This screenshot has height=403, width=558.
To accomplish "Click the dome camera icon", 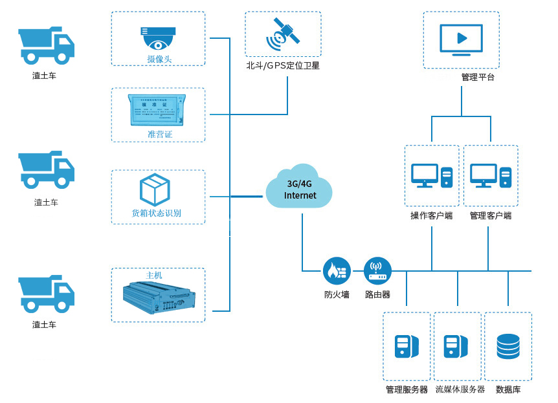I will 158,38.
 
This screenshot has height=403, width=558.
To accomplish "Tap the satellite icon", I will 282,34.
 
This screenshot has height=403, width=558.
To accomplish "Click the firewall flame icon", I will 337,271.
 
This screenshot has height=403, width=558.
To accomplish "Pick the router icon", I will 377,271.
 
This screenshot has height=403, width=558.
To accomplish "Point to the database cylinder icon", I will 508,347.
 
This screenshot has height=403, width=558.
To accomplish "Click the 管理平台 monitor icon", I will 461,39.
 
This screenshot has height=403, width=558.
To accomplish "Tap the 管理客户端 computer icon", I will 490,176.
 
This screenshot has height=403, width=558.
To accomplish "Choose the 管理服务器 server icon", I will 406,347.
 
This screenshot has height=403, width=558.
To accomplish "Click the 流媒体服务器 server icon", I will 458,347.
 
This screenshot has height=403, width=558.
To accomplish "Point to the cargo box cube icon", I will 155,190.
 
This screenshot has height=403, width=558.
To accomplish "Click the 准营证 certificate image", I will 157,110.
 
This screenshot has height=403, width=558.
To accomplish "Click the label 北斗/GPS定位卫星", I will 283,65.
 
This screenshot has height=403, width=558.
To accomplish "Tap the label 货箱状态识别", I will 157,213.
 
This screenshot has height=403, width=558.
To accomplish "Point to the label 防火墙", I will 337,295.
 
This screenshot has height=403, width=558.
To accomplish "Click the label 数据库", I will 508,389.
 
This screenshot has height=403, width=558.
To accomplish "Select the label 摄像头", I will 159,60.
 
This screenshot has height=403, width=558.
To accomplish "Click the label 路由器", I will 377,295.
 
